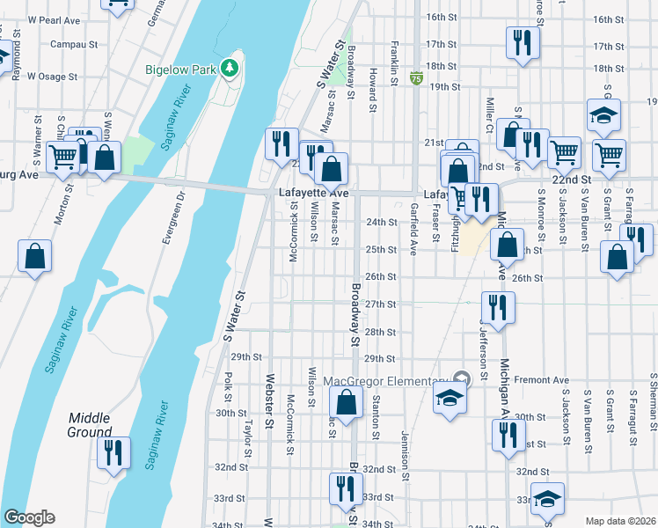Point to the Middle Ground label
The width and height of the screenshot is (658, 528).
point(90,425)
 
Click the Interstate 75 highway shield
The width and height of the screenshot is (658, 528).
point(414,79)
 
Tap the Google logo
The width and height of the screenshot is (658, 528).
point(29,517)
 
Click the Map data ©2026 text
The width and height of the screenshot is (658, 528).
point(620,521)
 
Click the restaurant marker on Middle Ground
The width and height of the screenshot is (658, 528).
point(113,452)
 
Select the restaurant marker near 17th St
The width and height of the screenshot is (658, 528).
point(522,42)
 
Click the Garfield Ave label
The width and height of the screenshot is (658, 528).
point(413,229)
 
